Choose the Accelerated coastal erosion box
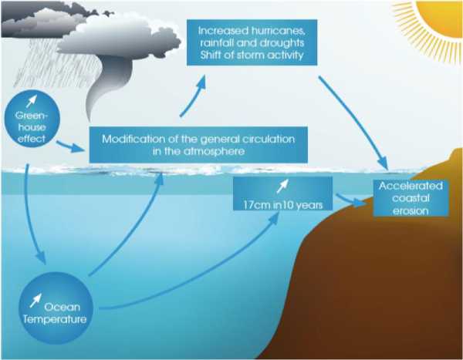click(409, 198)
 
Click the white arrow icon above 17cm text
click(283, 185)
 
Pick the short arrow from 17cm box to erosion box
click(352, 201)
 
